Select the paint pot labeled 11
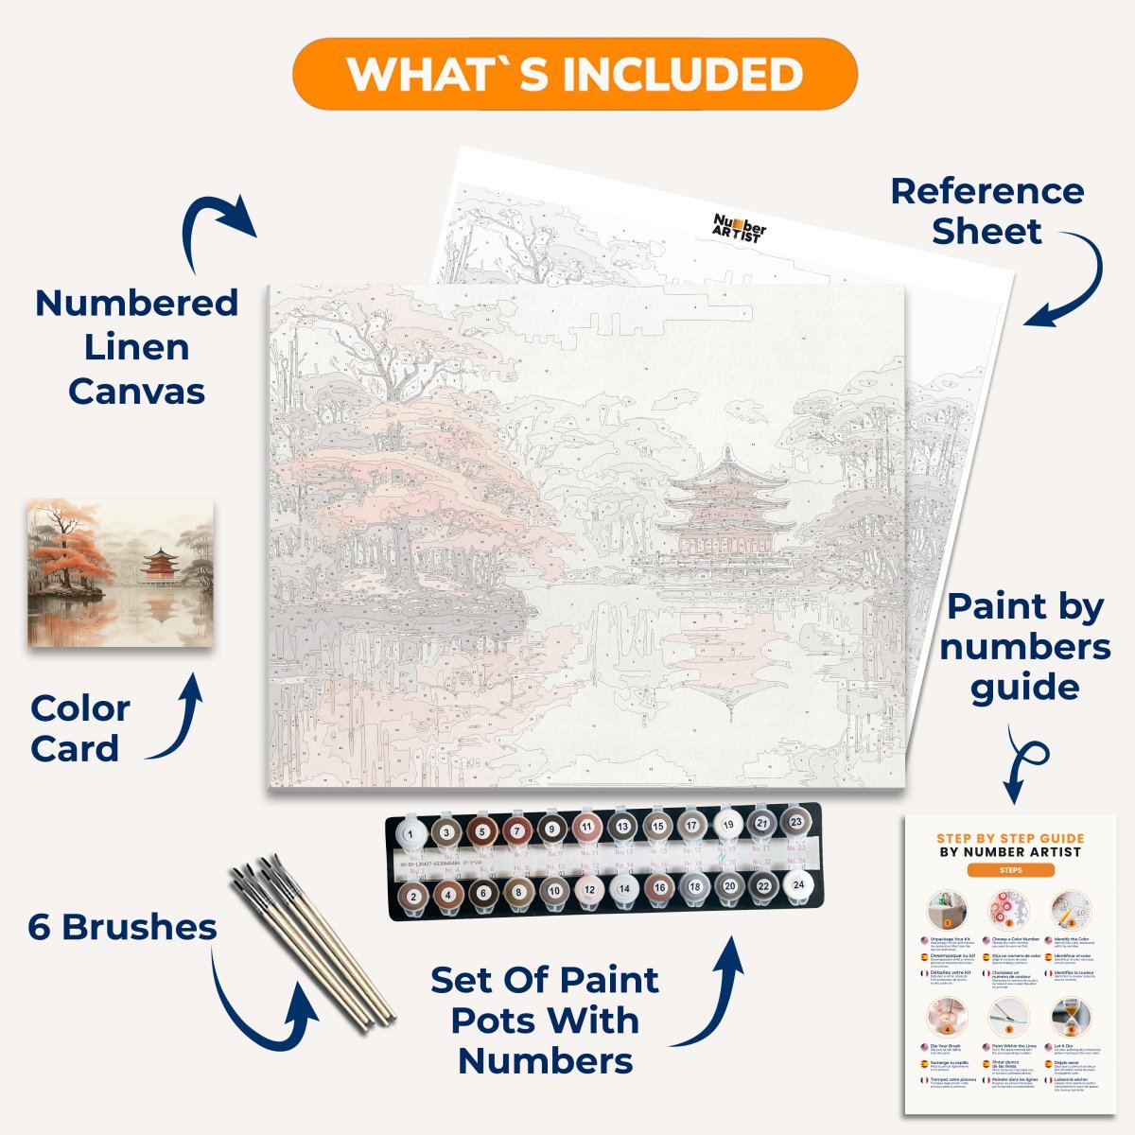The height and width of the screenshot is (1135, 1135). click(x=587, y=828)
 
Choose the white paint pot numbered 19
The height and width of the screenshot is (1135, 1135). click(x=727, y=826)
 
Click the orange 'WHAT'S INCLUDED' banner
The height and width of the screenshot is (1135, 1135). click(x=575, y=74)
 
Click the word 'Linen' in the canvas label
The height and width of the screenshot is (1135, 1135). click(x=136, y=347)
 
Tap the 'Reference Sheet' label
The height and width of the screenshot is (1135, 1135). click(x=987, y=211)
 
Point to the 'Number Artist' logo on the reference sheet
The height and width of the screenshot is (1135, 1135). click(x=739, y=228)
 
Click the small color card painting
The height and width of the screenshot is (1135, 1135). click(x=121, y=573)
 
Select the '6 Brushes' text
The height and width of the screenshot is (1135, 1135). click(x=122, y=927)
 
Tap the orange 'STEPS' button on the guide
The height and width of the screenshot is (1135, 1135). click(x=1010, y=870)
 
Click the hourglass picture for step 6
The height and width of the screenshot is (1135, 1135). click(x=1070, y=1017)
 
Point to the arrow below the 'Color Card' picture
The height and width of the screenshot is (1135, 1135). click(x=181, y=720)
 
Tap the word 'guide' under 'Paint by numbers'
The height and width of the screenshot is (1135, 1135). click(x=1025, y=688)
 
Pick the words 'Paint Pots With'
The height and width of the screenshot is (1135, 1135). click(x=545, y=1021)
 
